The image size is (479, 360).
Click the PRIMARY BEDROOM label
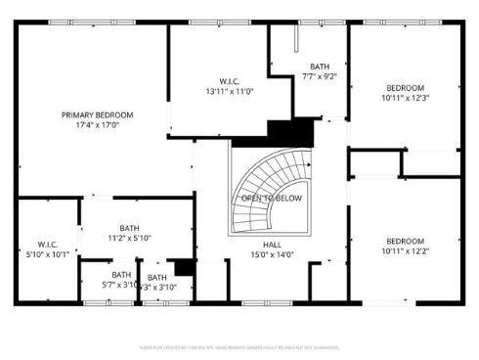point(97,114)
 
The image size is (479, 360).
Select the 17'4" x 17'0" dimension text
point(97,125)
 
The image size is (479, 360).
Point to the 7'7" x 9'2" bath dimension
point(319,75)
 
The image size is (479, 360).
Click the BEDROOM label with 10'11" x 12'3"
point(405,87)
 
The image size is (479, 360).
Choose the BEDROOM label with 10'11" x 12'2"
point(405,241)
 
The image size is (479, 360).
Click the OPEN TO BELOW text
point(272,199)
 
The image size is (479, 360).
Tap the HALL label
point(272,245)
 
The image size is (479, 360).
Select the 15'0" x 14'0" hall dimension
point(272,255)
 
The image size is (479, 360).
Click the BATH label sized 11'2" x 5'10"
point(129,227)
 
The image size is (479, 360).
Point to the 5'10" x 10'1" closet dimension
point(50,254)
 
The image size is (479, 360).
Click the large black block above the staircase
point(291,131)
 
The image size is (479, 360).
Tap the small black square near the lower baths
point(183,267)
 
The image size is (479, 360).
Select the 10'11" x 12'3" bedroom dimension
point(405,97)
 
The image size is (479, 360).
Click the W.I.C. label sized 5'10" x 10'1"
point(50,244)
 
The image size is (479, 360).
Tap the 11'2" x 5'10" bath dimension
point(129,238)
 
